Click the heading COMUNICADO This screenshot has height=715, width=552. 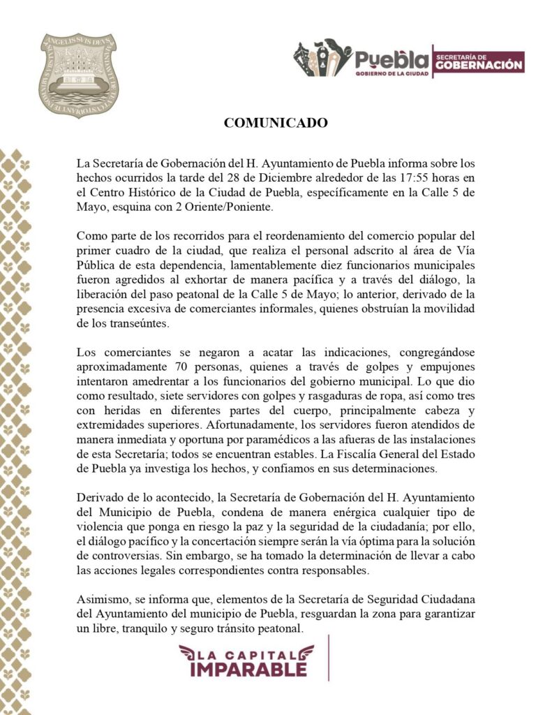pos(276,123)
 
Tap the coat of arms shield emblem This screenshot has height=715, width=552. pos(79,75)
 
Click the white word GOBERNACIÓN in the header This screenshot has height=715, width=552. pos(479,65)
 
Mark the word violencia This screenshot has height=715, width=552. pos(100,526)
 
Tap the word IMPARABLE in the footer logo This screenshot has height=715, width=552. pos(248,668)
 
